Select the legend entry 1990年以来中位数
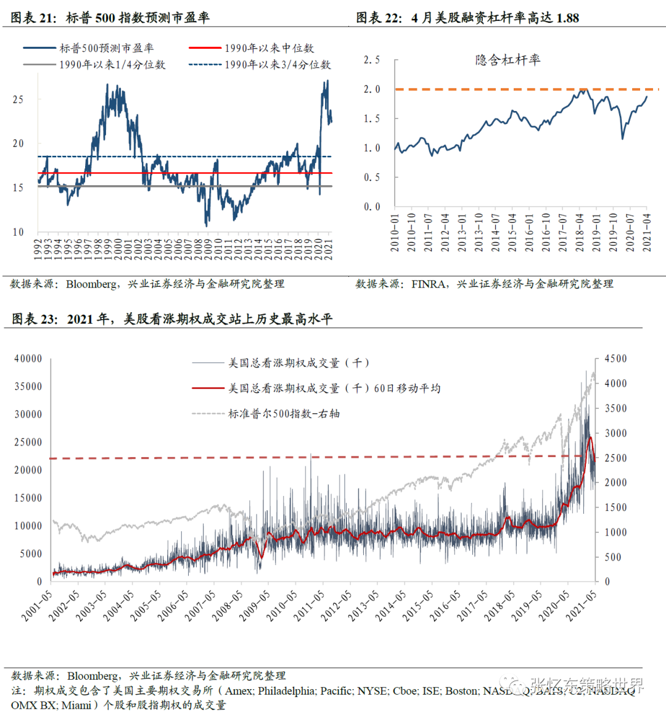(x=269, y=48)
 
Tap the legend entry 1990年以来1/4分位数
(x=112, y=65)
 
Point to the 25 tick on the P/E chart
(x=18, y=99)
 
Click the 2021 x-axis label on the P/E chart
(x=329, y=249)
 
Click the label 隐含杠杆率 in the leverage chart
(x=508, y=60)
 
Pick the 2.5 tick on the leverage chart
(x=371, y=60)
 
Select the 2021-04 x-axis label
(x=646, y=233)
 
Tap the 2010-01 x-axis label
(x=395, y=233)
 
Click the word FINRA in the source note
(x=429, y=284)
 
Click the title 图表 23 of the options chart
(x=171, y=319)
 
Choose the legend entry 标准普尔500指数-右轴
(x=284, y=413)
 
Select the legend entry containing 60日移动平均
(x=334, y=388)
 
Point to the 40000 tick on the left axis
(x=28, y=358)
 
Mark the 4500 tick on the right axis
(x=615, y=358)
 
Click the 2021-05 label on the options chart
(x=581, y=605)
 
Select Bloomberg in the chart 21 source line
(x=91, y=284)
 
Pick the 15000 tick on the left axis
(x=28, y=498)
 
